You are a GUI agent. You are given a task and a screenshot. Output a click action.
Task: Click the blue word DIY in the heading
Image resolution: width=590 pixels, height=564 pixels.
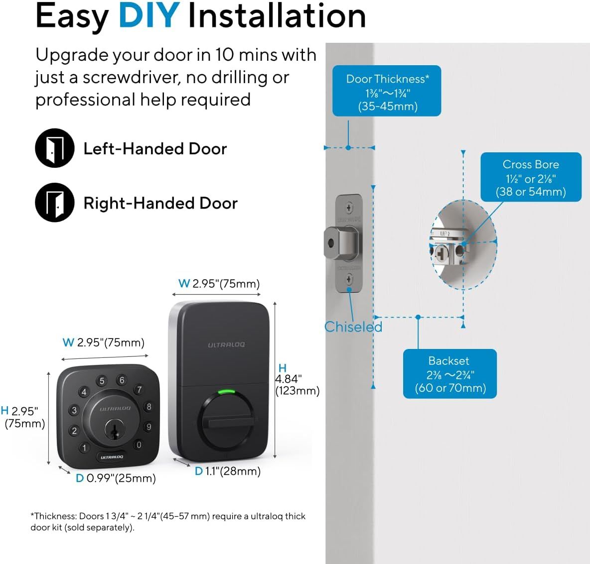pyautogui.click(x=149, y=16)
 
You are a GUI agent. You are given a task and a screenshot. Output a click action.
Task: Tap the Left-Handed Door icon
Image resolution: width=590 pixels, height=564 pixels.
pyautogui.click(x=54, y=148)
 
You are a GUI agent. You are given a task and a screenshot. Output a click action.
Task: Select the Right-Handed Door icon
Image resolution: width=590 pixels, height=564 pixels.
pyautogui.click(x=54, y=203)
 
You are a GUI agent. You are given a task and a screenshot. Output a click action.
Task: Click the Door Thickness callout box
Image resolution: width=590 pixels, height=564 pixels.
pyautogui.click(x=387, y=91)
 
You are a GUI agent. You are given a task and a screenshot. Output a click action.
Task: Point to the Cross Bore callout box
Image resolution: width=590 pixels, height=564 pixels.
pyautogui.click(x=531, y=177)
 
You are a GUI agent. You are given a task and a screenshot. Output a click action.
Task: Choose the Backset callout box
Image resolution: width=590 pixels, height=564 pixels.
pyautogui.click(x=449, y=374)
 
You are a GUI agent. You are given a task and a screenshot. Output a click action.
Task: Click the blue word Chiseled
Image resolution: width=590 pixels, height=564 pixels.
pyautogui.click(x=353, y=327)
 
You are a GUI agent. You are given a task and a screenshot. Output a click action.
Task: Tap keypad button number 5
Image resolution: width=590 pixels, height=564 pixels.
pyautogui.click(x=102, y=381)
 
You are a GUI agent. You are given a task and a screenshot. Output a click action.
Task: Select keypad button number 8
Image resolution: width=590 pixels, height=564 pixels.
pyautogui.click(x=149, y=407)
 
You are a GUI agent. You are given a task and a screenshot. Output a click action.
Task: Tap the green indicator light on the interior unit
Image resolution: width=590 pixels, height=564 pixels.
pyautogui.click(x=227, y=391)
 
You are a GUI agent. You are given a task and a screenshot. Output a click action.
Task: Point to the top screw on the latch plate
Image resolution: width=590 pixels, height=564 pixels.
pyautogui.click(x=349, y=208)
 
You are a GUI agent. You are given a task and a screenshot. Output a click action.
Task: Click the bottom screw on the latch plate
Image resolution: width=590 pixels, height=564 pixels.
pyautogui.click(x=349, y=279)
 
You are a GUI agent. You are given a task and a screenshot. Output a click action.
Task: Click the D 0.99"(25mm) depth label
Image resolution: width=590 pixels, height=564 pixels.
pyautogui.click(x=116, y=478)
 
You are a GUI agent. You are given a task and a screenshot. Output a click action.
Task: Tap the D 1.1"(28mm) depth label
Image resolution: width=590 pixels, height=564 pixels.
pyautogui.click(x=228, y=471)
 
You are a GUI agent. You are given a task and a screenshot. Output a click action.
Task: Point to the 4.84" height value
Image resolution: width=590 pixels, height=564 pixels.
pyautogui.click(x=288, y=379)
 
